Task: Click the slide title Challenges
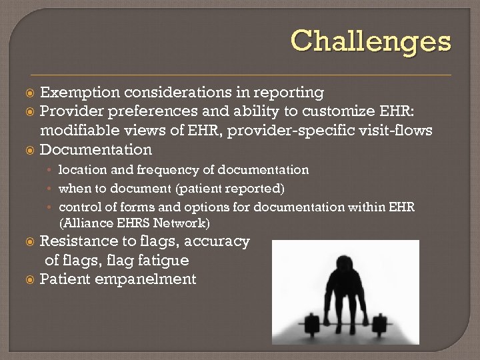pos(371,41)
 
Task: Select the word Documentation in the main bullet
pos(96,149)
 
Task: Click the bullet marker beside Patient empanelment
pos(30,279)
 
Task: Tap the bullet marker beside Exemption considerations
pos(30,93)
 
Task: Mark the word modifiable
pos(78,130)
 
